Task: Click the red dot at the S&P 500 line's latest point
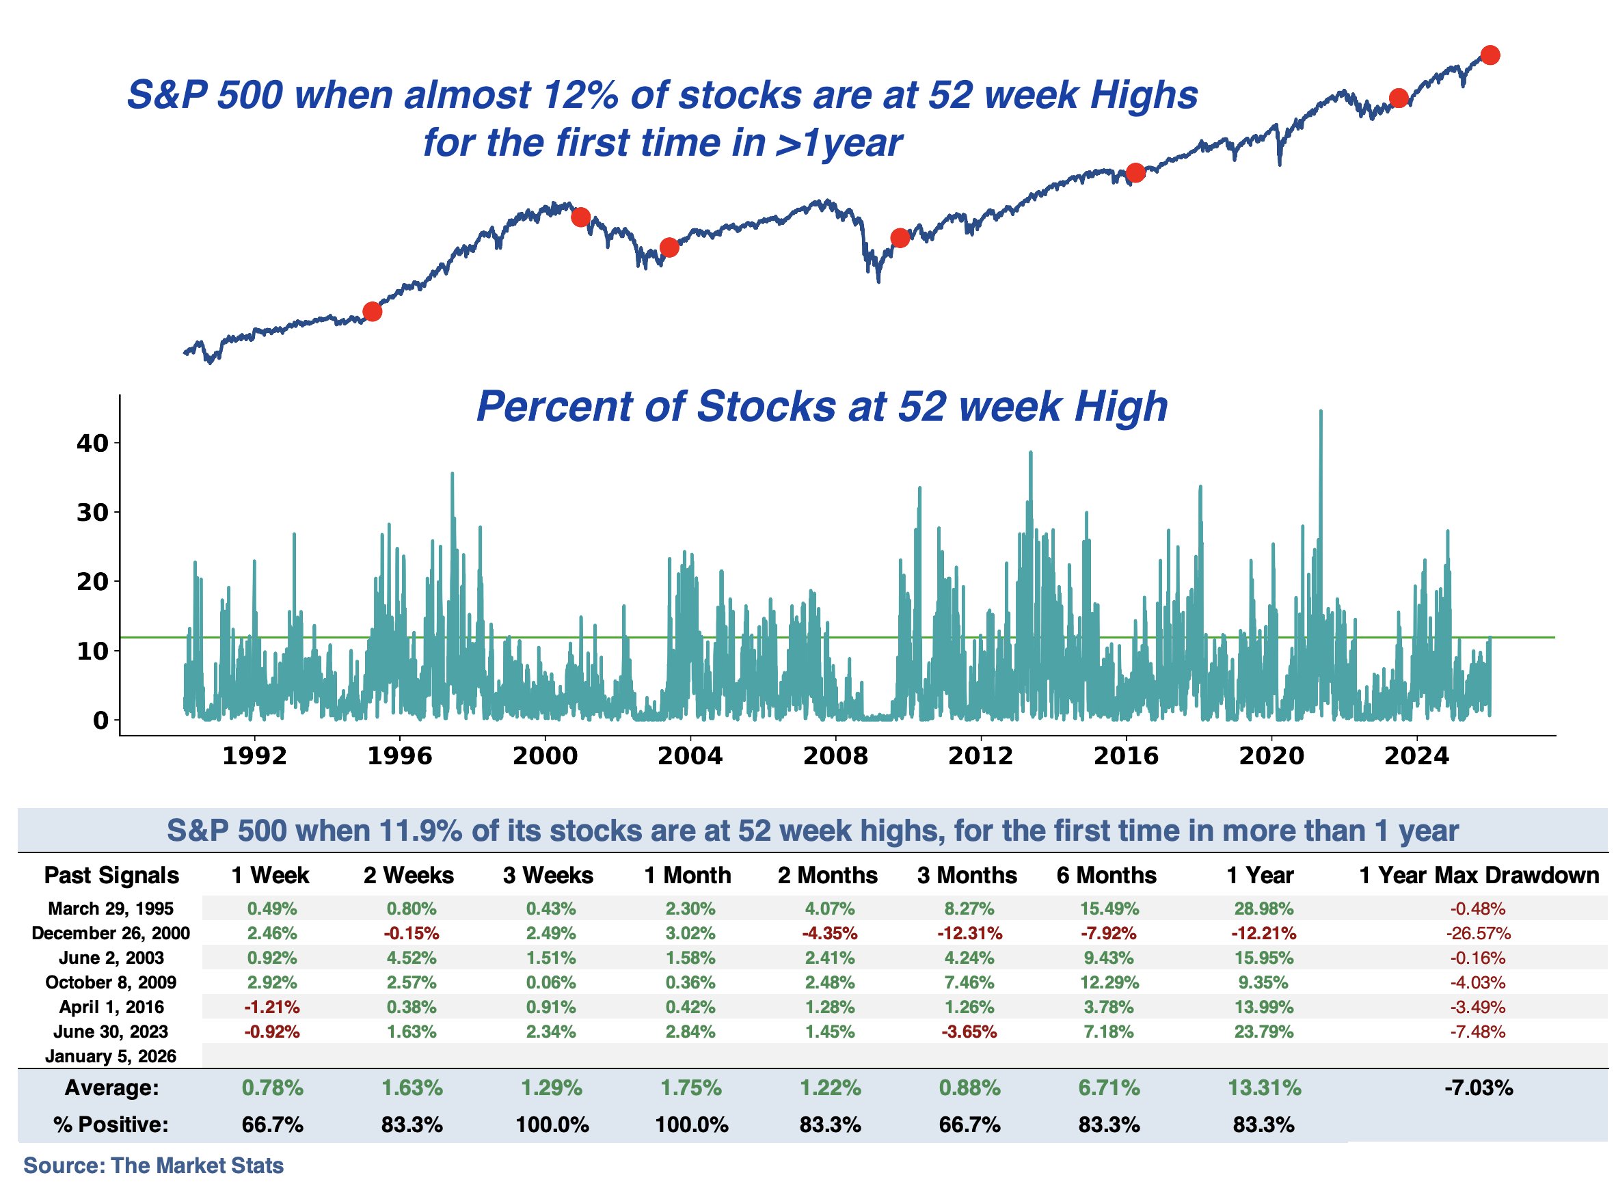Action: pos(1490,55)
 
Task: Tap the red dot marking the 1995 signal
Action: pos(372,312)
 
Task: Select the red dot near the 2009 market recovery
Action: pos(900,238)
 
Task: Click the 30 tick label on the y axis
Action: pos(92,513)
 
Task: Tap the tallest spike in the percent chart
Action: pos(1321,413)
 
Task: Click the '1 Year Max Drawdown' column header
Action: pos(1479,876)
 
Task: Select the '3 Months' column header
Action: pos(967,876)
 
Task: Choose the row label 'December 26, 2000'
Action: pos(110,934)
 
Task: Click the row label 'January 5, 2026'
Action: pos(110,1056)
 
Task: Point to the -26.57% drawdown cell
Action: pos(1479,934)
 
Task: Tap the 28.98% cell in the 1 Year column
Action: pos(1263,909)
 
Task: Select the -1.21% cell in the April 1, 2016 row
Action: pos(271,1008)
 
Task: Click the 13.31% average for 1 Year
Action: pos(1264,1089)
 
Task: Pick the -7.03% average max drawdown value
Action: pos(1479,1089)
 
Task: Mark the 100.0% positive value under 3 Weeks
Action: pos(552,1125)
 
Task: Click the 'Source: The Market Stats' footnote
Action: pos(153,1166)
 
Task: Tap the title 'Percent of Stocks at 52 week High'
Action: pos(822,406)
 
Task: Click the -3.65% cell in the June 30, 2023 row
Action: pos(969,1032)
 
